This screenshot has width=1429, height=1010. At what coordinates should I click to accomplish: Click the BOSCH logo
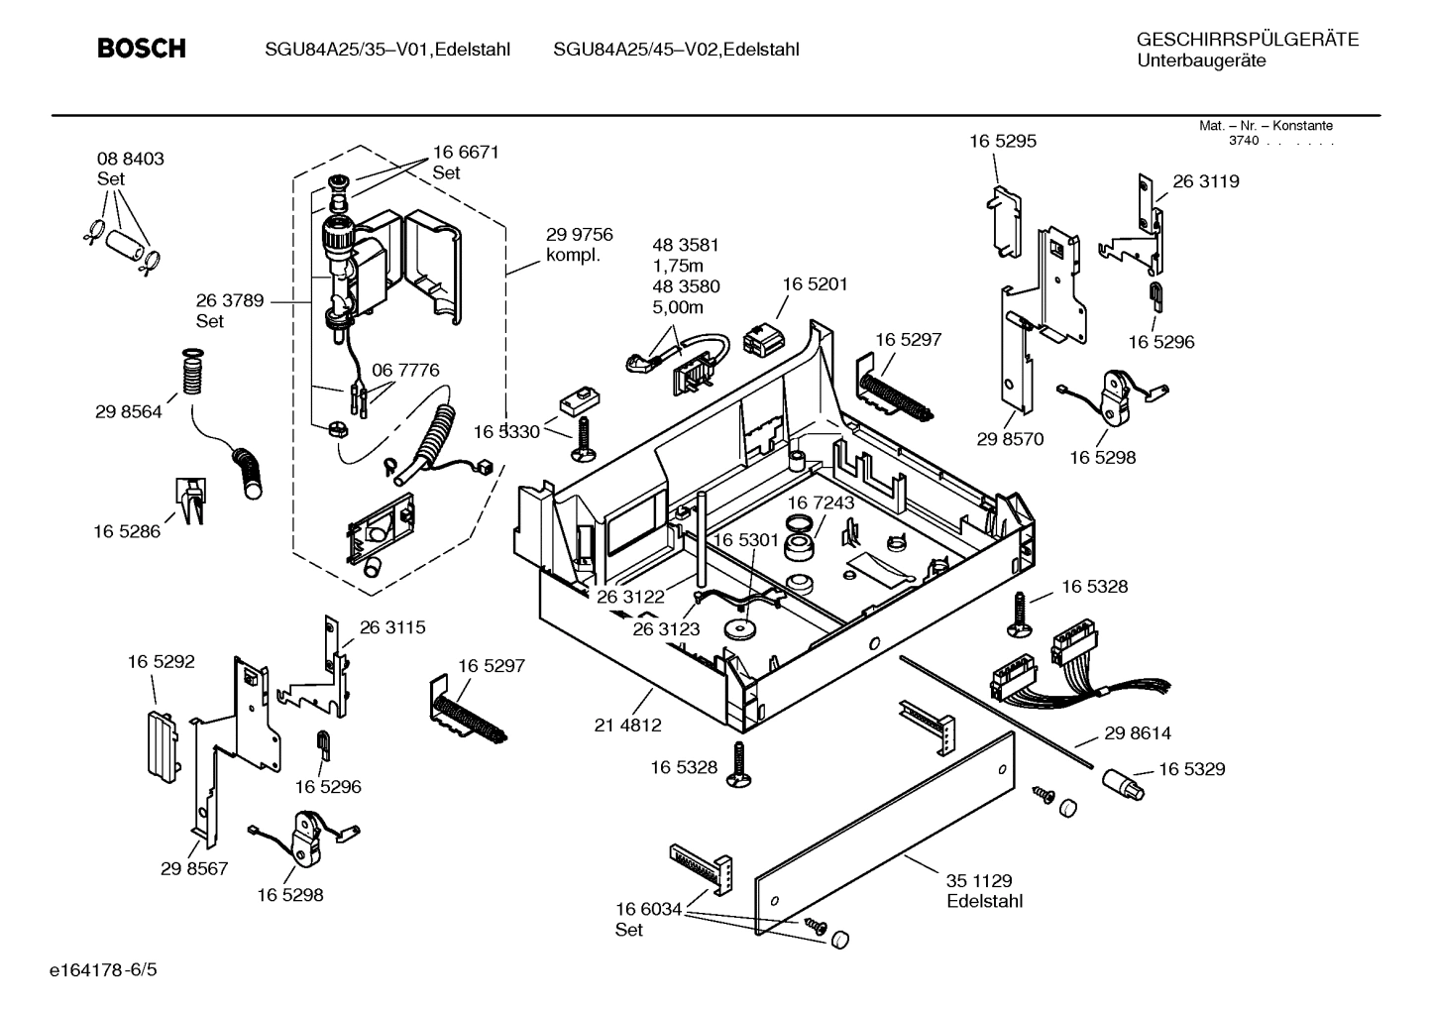(142, 49)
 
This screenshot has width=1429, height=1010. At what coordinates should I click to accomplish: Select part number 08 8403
(130, 159)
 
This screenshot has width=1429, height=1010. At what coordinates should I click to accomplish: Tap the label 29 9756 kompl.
(579, 245)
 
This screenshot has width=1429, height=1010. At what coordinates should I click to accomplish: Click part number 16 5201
(815, 284)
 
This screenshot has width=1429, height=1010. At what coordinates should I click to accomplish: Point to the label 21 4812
(627, 726)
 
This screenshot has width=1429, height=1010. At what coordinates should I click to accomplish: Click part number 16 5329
(1191, 769)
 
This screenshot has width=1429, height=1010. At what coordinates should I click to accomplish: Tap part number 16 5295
(1002, 142)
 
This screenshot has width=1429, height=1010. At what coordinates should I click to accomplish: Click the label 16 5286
(127, 532)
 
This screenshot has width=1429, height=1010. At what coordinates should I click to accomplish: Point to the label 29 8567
(194, 869)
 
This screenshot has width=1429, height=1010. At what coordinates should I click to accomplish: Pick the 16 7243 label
(821, 504)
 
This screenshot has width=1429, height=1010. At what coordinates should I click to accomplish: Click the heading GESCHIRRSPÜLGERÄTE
(1247, 40)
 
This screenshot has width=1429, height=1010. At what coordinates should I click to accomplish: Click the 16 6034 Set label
(648, 919)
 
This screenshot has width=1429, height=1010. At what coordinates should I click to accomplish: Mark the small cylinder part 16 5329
(1122, 784)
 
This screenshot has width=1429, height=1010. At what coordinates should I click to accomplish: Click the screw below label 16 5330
(582, 439)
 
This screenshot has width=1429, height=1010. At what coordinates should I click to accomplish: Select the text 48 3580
(685, 287)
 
